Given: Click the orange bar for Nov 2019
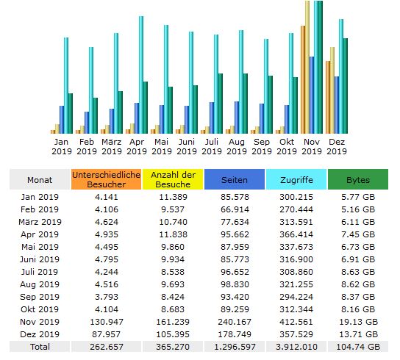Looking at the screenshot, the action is pyautogui.click(x=303, y=79).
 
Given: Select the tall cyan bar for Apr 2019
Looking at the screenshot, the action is pyautogui.click(x=141, y=75).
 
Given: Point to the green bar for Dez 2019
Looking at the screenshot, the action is pyautogui.click(x=346, y=86).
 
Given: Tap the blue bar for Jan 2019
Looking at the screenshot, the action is pyautogui.click(x=62, y=120).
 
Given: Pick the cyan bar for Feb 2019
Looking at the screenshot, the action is pyautogui.click(x=91, y=90).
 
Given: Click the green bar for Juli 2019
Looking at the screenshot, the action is pyautogui.click(x=221, y=104).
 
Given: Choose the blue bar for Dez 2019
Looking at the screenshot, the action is pyautogui.click(x=337, y=105).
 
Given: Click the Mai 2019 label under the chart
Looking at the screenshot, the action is pyautogui.click(x=162, y=147).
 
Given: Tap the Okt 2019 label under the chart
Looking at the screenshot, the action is pyautogui.click(x=287, y=147).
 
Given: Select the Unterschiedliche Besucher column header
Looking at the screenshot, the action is pyautogui.click(x=106, y=179).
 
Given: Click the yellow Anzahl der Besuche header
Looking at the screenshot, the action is pyautogui.click(x=173, y=179).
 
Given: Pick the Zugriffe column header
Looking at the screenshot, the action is pyautogui.click(x=296, y=179).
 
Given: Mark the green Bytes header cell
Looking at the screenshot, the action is pyautogui.click(x=358, y=179).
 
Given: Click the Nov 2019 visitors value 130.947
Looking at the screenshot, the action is pyautogui.click(x=107, y=322).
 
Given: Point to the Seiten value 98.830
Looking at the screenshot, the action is pyautogui.click(x=235, y=284).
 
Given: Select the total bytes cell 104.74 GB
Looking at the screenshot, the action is pyautogui.click(x=358, y=347).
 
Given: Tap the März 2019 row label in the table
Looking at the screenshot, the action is pyautogui.click(x=40, y=222).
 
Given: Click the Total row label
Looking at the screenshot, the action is pyautogui.click(x=40, y=347).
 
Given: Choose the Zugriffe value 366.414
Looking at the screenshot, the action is pyautogui.click(x=296, y=234).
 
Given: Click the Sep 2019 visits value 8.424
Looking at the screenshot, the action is pyautogui.click(x=173, y=297).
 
